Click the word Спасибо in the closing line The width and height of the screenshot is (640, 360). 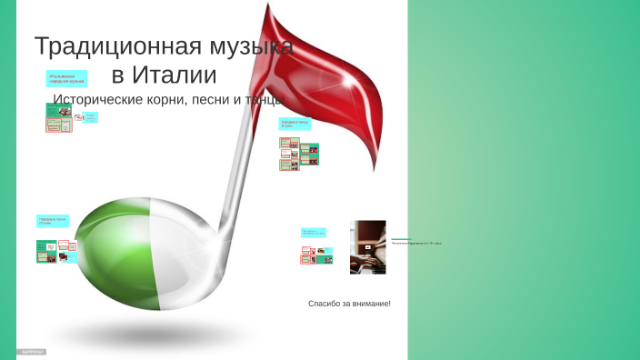(325, 303)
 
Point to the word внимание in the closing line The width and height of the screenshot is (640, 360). (371, 303)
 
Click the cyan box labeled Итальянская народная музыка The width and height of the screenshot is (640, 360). (67, 79)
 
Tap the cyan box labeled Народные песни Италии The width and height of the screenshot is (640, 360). (53, 221)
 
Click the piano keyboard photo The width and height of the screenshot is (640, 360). (368, 247)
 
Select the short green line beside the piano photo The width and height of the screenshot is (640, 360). (401, 239)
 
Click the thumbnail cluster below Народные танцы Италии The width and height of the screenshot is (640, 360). (299, 155)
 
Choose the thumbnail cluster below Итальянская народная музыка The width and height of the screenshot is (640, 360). (59, 117)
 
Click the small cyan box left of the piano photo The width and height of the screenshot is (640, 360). (314, 233)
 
